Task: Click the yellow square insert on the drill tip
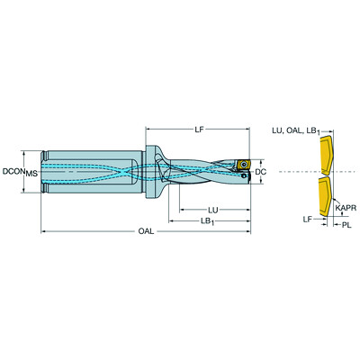pos(241,166)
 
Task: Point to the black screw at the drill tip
pos(241,166)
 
